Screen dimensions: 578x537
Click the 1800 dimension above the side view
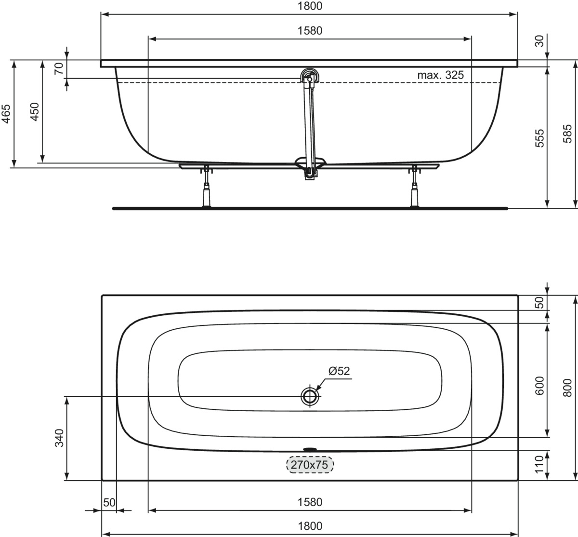pyautogui.click(x=310, y=6)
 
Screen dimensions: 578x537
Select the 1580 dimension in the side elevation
pyautogui.click(x=310, y=31)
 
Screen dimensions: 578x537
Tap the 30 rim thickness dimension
pyautogui.click(x=539, y=41)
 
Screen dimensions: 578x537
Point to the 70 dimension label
pyautogui.click(x=59, y=68)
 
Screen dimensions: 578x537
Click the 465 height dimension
pyautogui.click(x=6, y=114)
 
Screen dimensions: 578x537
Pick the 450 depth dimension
pyautogui.click(x=35, y=112)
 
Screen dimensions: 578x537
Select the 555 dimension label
pyautogui.click(x=539, y=138)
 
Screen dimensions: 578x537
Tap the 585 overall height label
pyautogui.click(x=567, y=134)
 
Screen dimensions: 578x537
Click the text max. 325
pyautogui.click(x=440, y=75)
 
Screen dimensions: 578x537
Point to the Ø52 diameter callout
pyautogui.click(x=339, y=371)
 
